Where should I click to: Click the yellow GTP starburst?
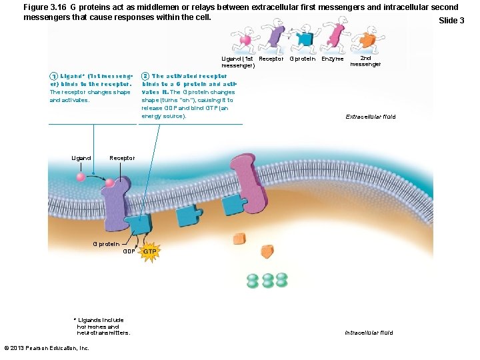point(149,251)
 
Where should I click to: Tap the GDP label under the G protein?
point(129,251)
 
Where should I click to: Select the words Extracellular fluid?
point(370,117)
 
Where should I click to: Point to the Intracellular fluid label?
point(369,333)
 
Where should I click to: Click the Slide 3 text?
point(451,21)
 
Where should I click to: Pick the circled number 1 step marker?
point(53,77)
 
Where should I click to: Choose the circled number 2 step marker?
point(145,77)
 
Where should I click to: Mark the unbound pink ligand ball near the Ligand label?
point(81,177)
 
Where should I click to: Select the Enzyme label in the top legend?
point(332,59)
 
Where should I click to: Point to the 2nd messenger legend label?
point(365,61)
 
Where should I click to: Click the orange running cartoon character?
point(365,40)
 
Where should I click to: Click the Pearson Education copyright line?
point(46,348)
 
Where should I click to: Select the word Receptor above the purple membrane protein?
point(122,158)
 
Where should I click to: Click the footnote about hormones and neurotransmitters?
point(103,326)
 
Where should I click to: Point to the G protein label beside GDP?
point(106,243)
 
